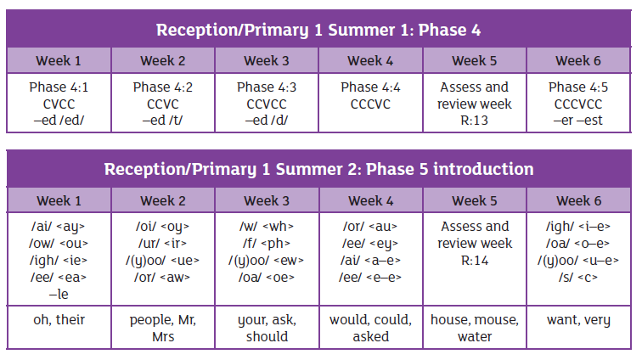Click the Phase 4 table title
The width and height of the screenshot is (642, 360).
click(318, 31)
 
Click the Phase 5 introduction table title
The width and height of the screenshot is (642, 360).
click(318, 169)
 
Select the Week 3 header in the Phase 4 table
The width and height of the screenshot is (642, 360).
click(267, 60)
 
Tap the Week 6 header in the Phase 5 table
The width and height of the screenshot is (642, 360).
click(578, 200)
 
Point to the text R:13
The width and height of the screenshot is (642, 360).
click(474, 121)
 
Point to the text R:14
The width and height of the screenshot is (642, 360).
click(475, 261)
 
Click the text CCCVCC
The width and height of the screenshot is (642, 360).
click(578, 104)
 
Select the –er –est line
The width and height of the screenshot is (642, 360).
click(578, 121)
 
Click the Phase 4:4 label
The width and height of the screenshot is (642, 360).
click(370, 87)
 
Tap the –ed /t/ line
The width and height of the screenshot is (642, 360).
click(162, 121)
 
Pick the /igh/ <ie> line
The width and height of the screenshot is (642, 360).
click(59, 261)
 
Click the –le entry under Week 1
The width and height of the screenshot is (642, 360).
click(59, 294)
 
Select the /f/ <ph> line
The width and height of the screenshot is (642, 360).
click(267, 244)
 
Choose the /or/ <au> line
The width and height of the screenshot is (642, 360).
click(370, 227)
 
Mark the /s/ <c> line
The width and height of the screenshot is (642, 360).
click(578, 278)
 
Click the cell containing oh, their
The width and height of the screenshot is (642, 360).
click(59, 327)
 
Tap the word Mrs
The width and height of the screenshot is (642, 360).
click(163, 337)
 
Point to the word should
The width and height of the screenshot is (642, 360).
click(267, 337)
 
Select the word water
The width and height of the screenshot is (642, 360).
click(475, 337)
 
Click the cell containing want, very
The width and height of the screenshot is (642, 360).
click(578, 327)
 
